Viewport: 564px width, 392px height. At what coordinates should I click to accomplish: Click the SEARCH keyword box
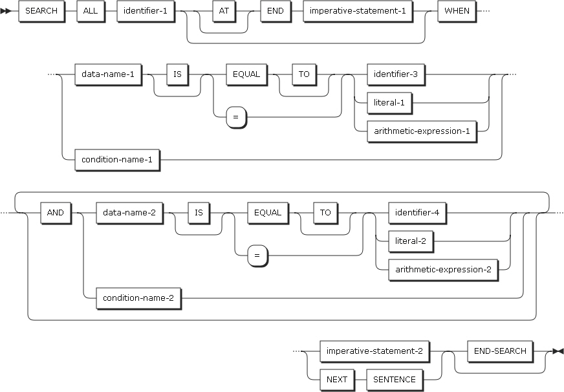pyautogui.click(x=42, y=12)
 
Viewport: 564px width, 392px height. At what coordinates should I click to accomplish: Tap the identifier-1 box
pyautogui.click(x=144, y=12)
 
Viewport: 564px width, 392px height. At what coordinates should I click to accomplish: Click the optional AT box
pyautogui.click(x=224, y=12)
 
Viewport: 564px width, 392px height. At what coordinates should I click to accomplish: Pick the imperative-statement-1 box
pyautogui.click(x=357, y=12)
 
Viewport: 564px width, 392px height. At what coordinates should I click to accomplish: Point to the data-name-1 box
pyautogui.click(x=107, y=74)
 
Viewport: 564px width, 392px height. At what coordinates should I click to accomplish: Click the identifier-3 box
pyautogui.click(x=396, y=74)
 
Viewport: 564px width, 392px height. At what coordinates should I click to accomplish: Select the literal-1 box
pyautogui.click(x=389, y=102)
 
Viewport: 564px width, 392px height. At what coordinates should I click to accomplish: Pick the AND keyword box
pyautogui.click(x=55, y=213)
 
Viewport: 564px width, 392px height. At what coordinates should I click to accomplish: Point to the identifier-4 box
pyautogui.click(x=417, y=213)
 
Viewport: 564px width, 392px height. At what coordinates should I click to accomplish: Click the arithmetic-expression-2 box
pyautogui.click(x=442, y=269)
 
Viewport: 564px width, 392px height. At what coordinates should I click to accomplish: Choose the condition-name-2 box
pyautogui.click(x=138, y=299)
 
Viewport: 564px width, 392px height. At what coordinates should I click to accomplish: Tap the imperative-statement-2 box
pyautogui.click(x=375, y=351)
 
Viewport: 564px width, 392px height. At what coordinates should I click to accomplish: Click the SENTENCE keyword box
pyautogui.click(x=393, y=380)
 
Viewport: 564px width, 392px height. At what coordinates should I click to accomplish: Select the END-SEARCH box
pyautogui.click(x=500, y=351)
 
